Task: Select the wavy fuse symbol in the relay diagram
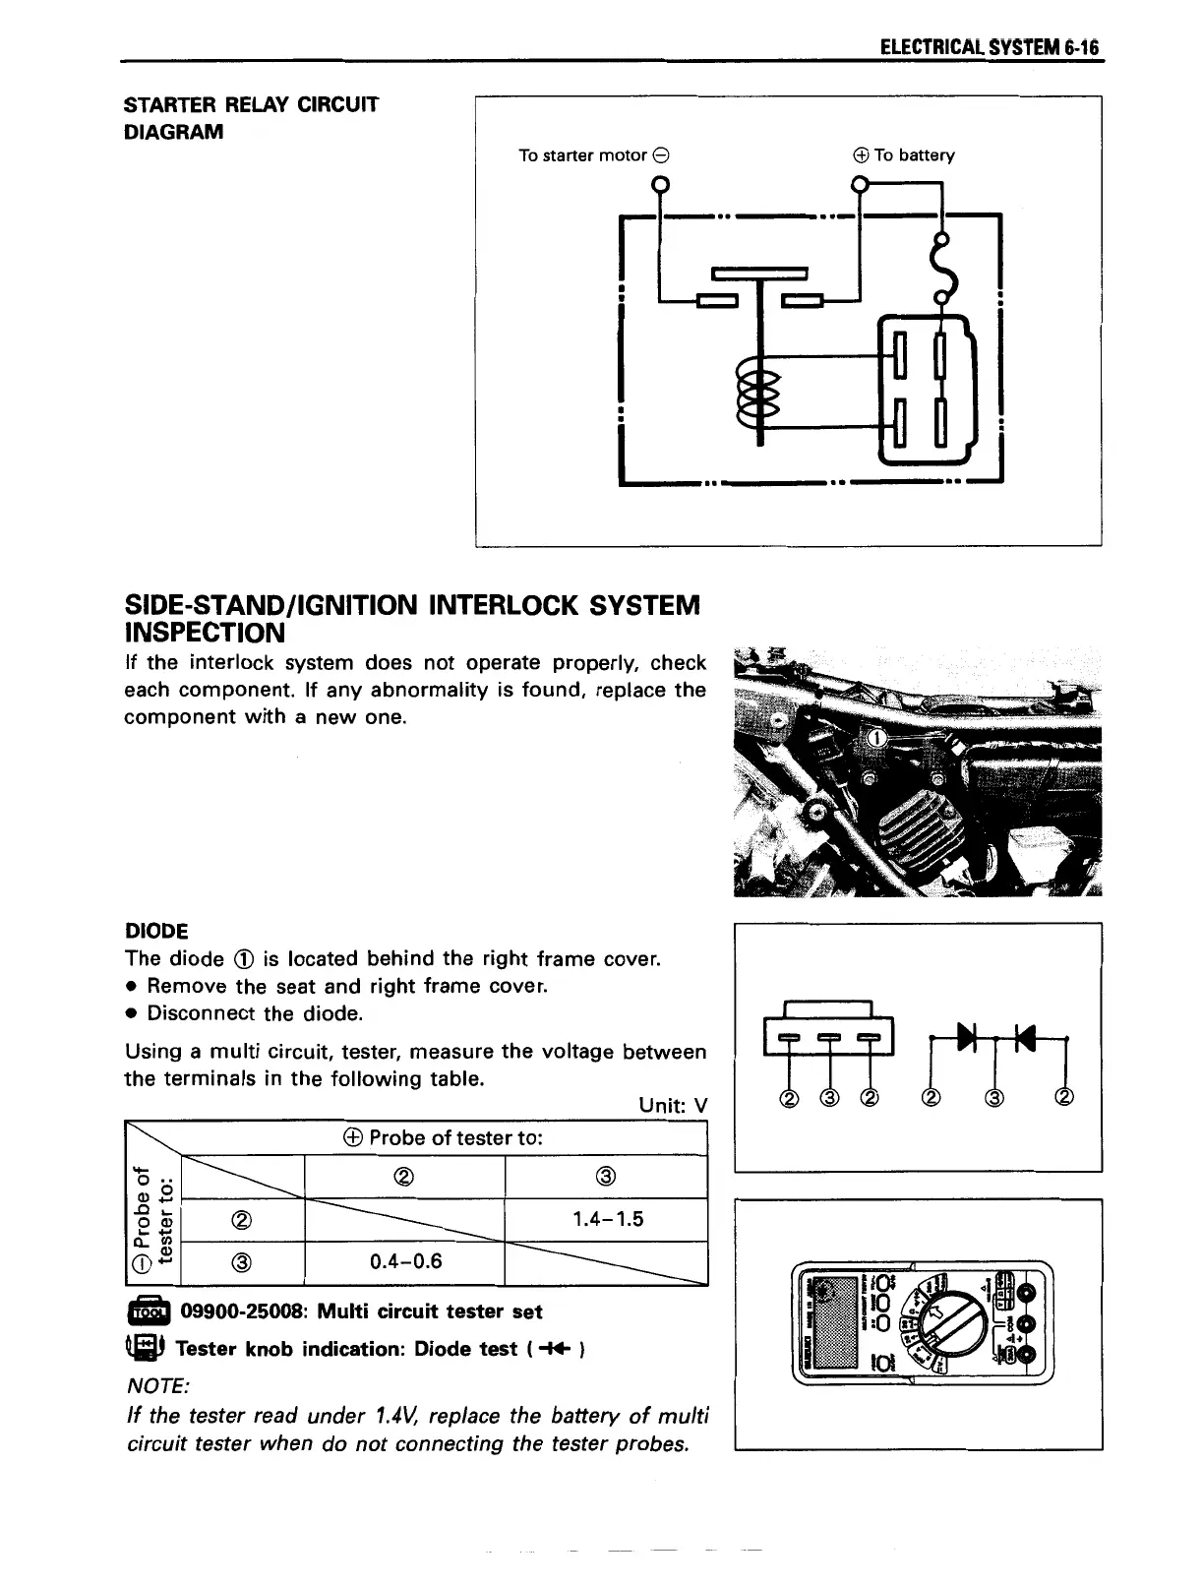click(x=947, y=268)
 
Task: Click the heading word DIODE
click(x=156, y=931)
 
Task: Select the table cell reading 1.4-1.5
click(x=607, y=1219)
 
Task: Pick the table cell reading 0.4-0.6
click(x=405, y=1260)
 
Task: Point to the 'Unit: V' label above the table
click(x=673, y=1104)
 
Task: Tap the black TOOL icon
click(x=148, y=1312)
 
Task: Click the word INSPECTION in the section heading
click(x=205, y=632)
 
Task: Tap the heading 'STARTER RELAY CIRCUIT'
click(x=251, y=104)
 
